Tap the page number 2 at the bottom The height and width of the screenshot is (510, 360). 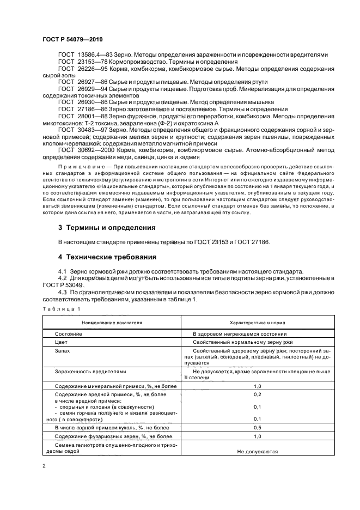tap(44, 466)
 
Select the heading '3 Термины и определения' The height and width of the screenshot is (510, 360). tap(106, 227)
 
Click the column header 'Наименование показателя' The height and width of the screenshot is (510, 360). tap(112, 322)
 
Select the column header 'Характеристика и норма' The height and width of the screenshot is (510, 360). tap(257, 322)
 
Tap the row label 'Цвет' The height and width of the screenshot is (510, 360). tap(62, 342)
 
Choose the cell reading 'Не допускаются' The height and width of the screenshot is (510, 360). tap(257, 452)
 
